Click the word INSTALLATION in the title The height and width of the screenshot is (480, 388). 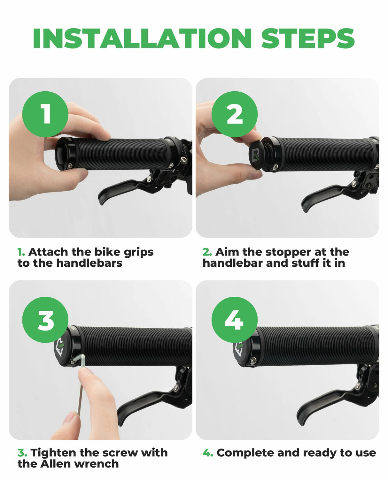tap(142, 38)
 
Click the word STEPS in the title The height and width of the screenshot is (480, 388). tap(308, 38)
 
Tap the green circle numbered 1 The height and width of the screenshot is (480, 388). tap(45, 114)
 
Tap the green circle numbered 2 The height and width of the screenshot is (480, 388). tap(235, 114)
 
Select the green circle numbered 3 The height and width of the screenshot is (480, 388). tap(45, 320)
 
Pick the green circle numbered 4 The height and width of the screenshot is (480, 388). tap(235, 320)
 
